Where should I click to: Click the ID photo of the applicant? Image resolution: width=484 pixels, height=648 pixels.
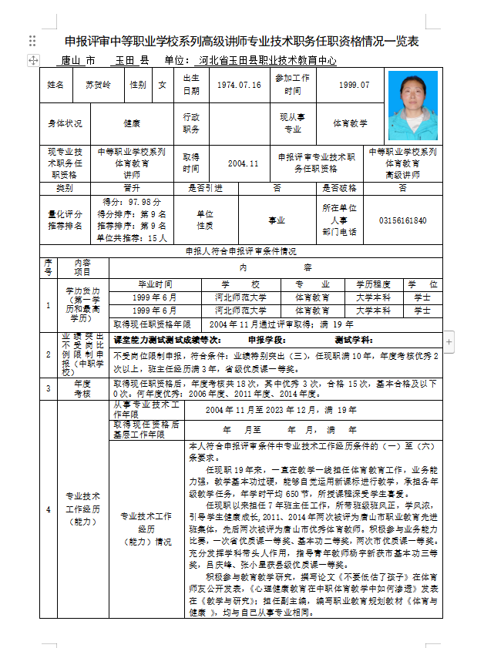(x=412, y=106)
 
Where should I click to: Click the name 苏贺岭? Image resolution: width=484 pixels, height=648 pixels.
(x=98, y=85)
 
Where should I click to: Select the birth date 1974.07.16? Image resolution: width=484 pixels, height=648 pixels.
(x=239, y=85)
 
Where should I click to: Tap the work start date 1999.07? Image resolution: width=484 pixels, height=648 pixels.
(x=354, y=85)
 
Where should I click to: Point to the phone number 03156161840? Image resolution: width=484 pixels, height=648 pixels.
(x=402, y=220)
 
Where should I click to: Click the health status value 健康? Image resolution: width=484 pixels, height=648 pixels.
(x=132, y=123)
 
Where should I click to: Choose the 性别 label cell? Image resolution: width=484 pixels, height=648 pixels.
(x=138, y=85)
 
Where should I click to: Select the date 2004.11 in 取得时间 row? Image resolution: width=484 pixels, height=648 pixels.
(x=243, y=163)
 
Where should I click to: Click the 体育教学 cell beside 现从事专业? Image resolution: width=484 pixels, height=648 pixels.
(x=350, y=123)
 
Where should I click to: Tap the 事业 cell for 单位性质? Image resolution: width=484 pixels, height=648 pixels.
(x=276, y=220)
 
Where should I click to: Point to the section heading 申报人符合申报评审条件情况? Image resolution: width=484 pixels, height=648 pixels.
(x=241, y=251)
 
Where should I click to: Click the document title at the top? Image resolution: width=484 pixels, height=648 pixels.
(x=241, y=41)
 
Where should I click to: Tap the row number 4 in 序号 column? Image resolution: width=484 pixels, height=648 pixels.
(x=48, y=509)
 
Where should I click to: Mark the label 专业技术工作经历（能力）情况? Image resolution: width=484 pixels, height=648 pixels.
(x=146, y=528)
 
